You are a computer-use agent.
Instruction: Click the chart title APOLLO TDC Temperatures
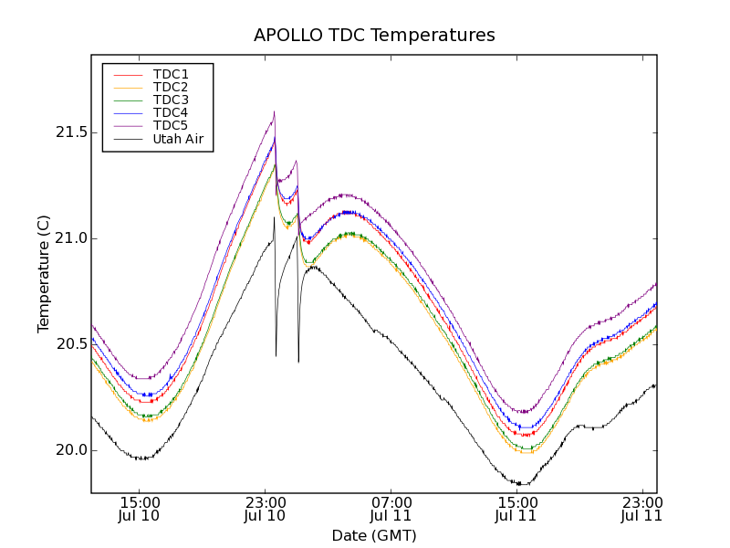pyautogui.click(x=374, y=36)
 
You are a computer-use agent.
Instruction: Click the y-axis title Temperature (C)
pyautogui.click(x=44, y=274)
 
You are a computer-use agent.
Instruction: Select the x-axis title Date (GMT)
pyautogui.click(x=374, y=535)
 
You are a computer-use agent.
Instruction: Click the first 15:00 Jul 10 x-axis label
pyautogui.click(x=139, y=509)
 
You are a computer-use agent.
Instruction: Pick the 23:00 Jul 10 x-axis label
pyautogui.click(x=265, y=509)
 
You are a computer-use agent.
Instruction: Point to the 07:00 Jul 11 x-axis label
pyautogui.click(x=391, y=509)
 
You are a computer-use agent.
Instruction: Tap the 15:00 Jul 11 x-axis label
pyautogui.click(x=516, y=509)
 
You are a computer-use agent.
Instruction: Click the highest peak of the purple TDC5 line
pyautogui.click(x=274, y=112)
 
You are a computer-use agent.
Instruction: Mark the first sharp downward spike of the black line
pyautogui.click(x=276, y=354)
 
